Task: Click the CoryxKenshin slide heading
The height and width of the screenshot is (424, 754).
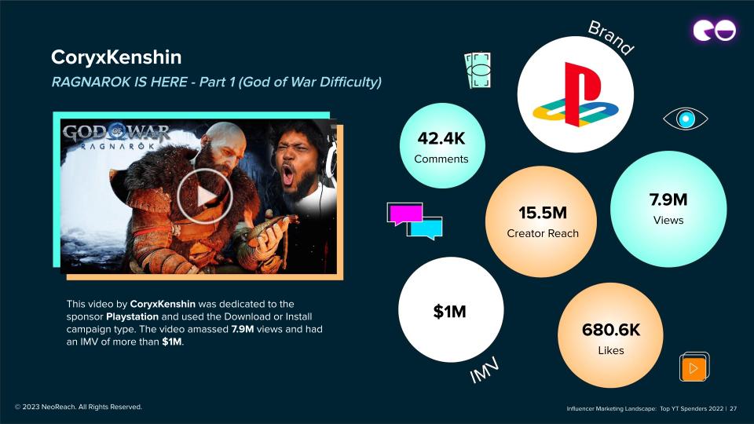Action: (x=116, y=57)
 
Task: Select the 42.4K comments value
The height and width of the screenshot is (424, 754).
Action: (x=441, y=138)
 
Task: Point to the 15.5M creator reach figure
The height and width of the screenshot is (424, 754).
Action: (x=543, y=213)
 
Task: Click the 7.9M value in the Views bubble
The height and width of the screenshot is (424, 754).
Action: (x=668, y=199)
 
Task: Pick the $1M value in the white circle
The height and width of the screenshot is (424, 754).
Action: (x=449, y=312)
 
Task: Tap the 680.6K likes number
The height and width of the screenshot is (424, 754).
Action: (x=611, y=330)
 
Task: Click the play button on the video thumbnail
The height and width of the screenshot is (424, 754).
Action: (x=205, y=196)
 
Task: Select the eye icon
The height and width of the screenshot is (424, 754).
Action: (x=685, y=119)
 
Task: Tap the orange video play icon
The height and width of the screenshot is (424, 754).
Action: (x=694, y=367)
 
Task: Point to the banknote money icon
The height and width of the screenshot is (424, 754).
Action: (x=478, y=70)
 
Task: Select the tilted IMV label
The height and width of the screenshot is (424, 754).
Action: (x=485, y=370)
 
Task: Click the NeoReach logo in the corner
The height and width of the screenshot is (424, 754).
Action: (x=714, y=31)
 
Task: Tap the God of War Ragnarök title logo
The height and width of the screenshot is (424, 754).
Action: (x=116, y=137)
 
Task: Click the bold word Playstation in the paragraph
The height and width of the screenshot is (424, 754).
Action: (x=132, y=316)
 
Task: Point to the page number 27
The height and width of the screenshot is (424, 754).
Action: (x=734, y=408)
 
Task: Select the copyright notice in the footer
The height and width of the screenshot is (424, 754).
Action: (x=79, y=407)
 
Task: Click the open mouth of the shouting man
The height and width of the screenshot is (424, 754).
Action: (x=287, y=174)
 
